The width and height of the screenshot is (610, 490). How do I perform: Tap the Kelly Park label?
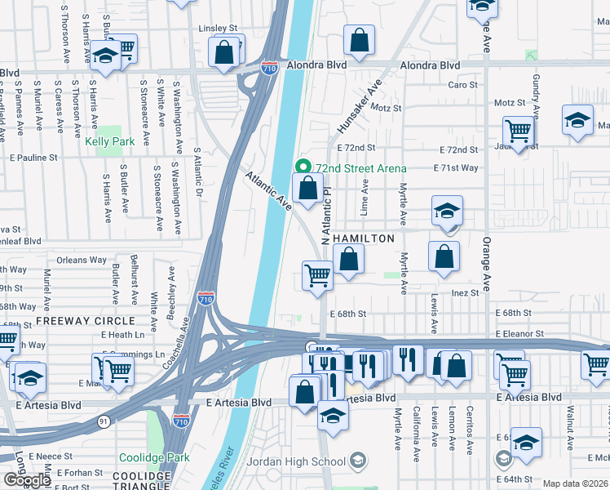(110, 141)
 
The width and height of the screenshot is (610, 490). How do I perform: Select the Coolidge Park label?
(154, 457)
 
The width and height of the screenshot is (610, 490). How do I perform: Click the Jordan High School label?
(307, 461)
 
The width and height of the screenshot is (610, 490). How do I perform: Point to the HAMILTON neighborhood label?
(365, 238)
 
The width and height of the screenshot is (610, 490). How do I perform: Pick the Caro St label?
(462, 85)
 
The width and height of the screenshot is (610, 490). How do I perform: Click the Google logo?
(26, 480)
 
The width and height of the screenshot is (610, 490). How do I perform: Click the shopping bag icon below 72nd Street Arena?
(307, 188)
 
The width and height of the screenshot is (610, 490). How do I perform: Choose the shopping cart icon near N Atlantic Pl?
(317, 274)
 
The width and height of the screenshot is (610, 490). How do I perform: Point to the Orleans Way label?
(82, 261)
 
